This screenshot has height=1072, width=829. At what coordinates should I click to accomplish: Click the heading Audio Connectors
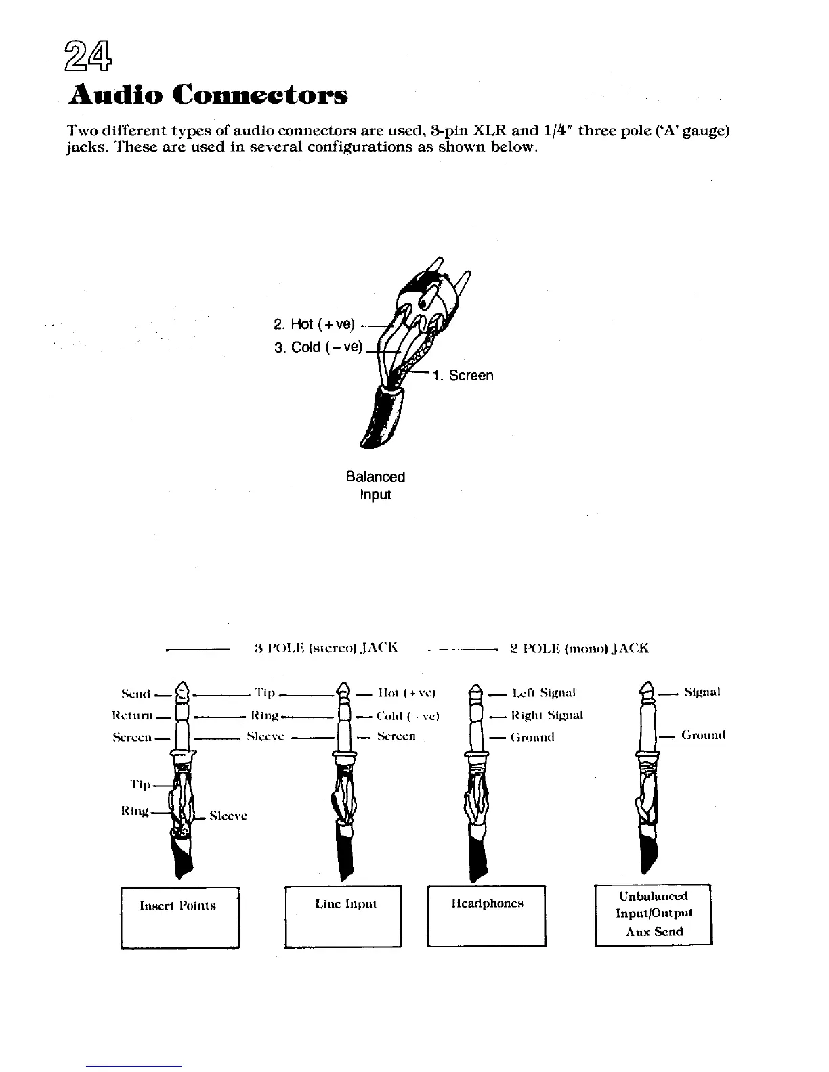pos(209,95)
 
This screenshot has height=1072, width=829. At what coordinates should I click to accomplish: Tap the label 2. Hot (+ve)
pos(314,324)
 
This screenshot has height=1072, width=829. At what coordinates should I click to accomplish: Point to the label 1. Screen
pos(464,376)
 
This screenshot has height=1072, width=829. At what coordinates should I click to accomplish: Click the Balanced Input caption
pos(375,485)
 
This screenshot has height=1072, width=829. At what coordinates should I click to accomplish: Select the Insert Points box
pos(179,917)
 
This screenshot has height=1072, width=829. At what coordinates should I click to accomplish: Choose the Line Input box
pos(343,916)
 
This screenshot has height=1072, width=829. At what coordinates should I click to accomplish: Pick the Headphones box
pos(486,915)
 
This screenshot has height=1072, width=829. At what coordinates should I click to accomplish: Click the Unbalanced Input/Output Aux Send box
pos(653,914)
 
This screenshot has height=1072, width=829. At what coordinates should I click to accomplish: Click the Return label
pos(131,715)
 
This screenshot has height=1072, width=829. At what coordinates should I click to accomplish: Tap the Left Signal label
pos(544,693)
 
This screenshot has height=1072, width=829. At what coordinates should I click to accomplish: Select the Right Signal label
pos(547,715)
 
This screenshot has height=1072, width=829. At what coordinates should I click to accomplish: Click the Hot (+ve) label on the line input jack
pos(406,693)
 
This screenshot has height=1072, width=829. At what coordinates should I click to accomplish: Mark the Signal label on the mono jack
pos(702,692)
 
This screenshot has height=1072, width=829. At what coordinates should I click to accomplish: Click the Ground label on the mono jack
pos(703,734)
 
